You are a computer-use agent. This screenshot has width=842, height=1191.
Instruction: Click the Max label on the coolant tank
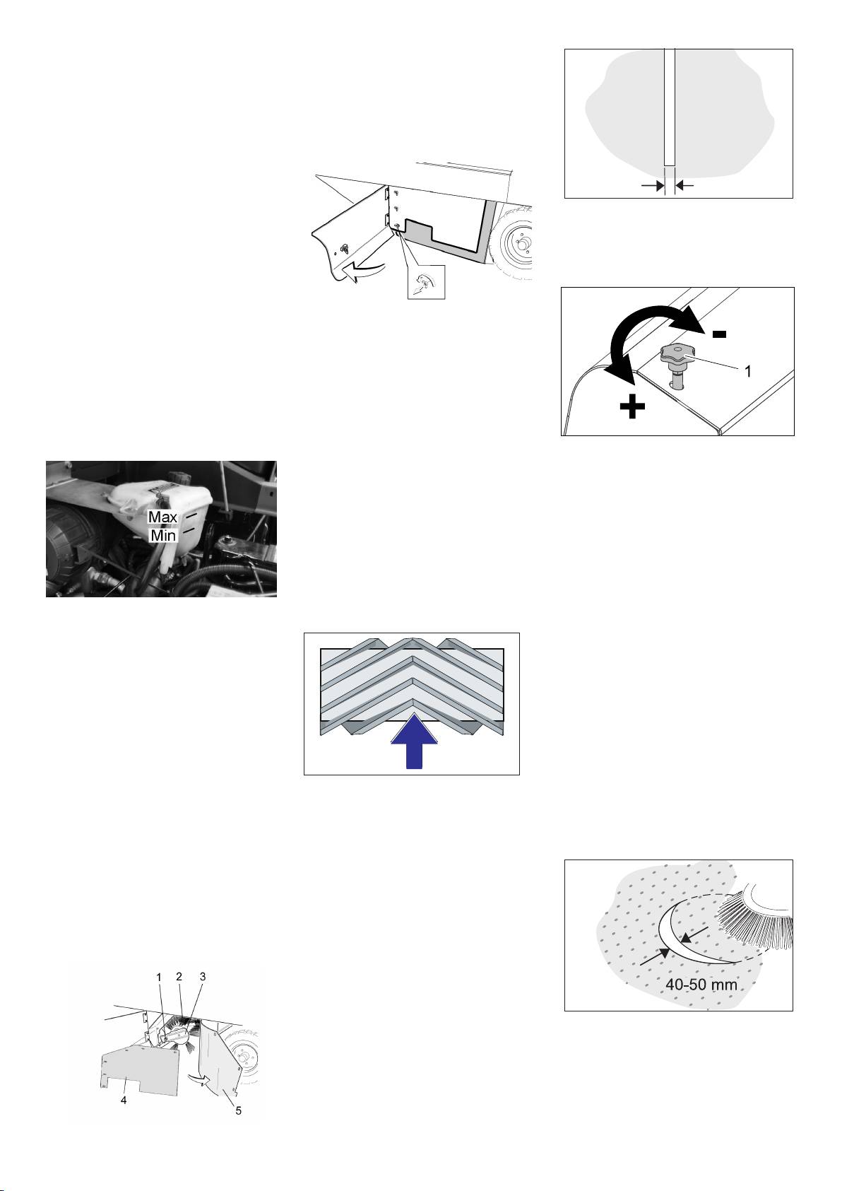pos(162,517)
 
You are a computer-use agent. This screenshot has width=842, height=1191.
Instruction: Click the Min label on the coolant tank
pos(162,535)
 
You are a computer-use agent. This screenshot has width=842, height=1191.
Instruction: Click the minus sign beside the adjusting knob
pos(719,334)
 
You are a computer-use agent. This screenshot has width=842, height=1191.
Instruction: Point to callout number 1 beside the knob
pos(747,371)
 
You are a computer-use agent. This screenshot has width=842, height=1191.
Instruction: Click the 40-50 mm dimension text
pos(701,985)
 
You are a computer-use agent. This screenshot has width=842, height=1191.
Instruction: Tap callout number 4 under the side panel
pos(124,1100)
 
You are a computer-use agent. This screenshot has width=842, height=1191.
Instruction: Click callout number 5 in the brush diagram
pos(239,1110)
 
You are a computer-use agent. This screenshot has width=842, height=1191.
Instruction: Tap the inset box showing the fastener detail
pos(426,282)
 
